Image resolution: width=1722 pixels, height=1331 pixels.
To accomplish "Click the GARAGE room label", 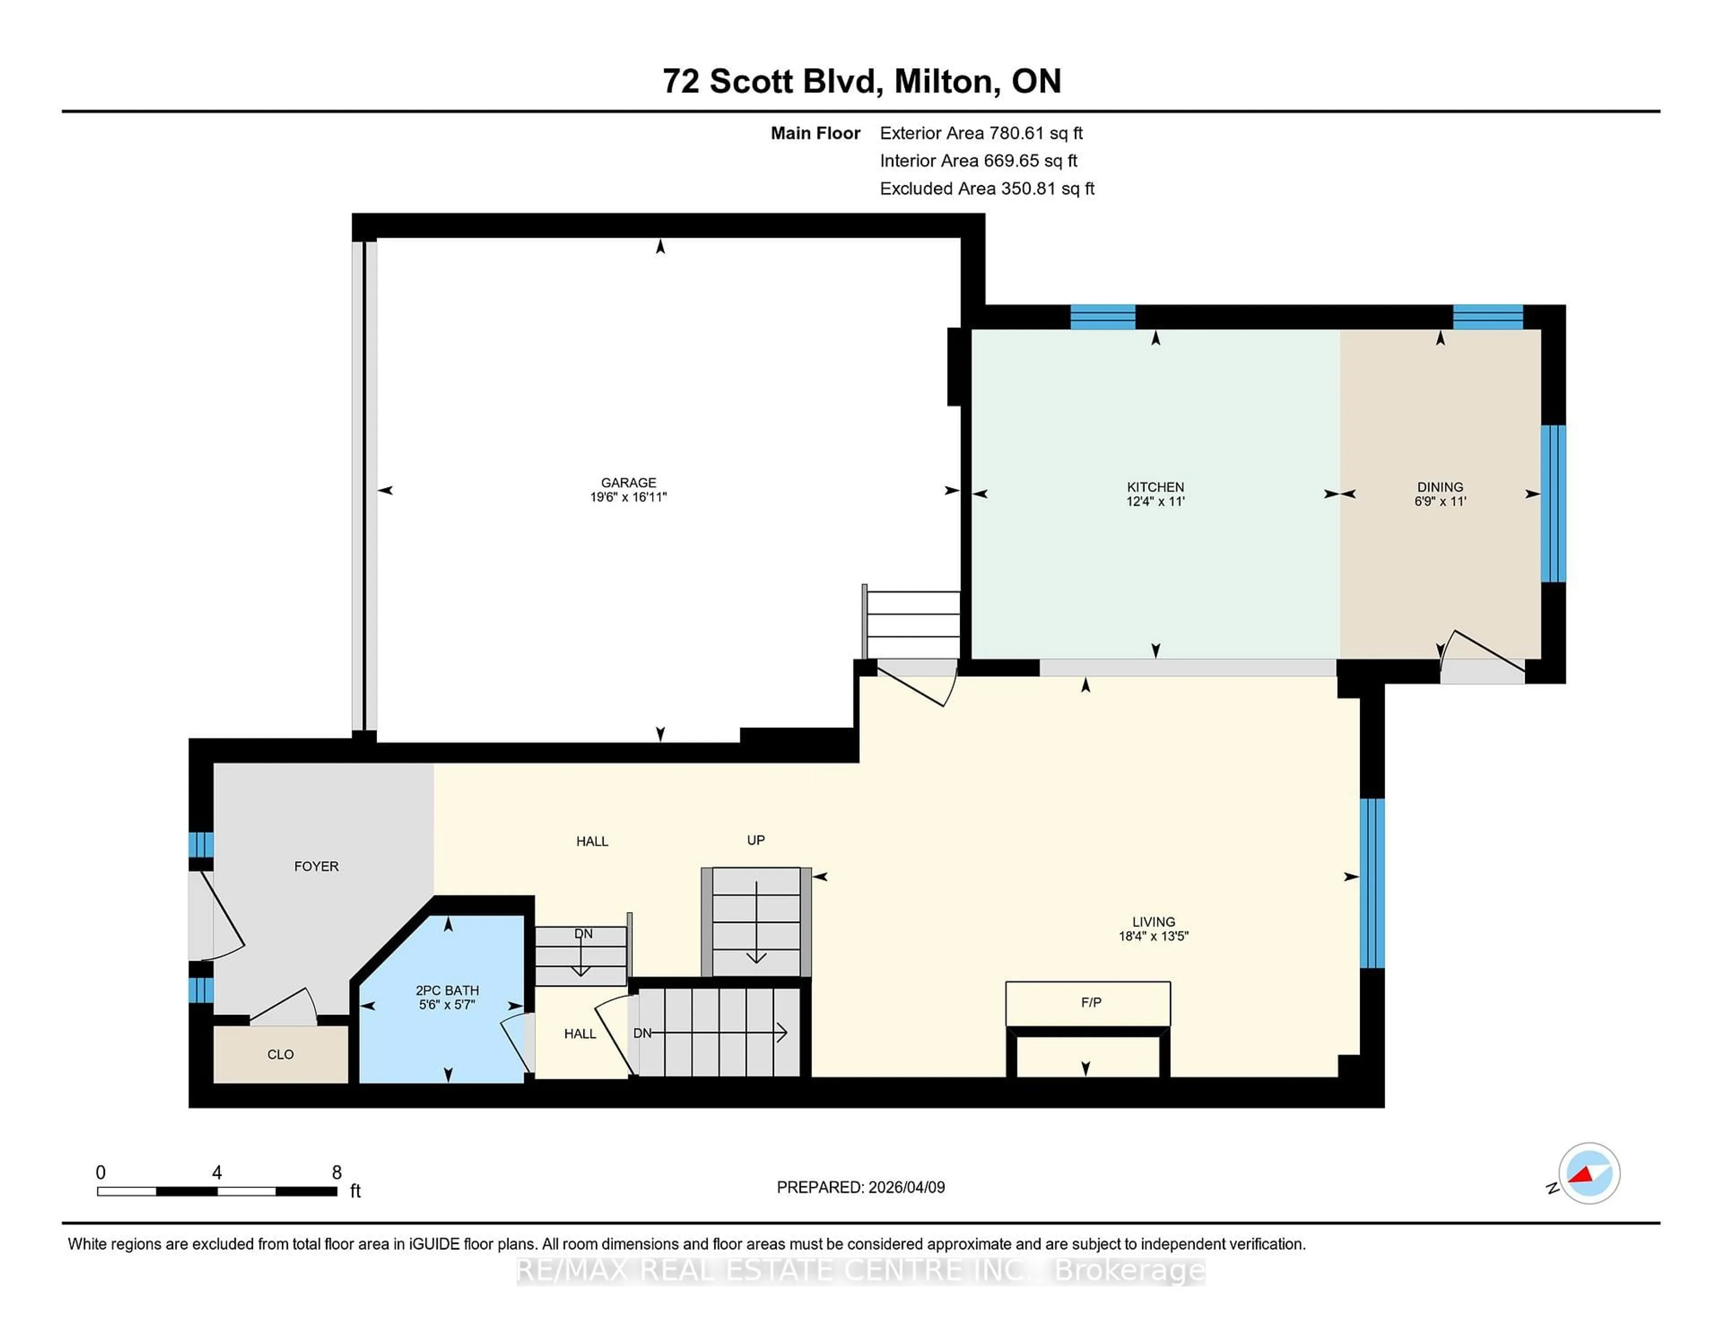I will tap(628, 483).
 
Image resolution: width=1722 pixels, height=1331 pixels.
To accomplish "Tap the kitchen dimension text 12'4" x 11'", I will tap(1155, 501).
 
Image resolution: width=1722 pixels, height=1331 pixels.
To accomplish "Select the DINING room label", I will tap(1440, 487).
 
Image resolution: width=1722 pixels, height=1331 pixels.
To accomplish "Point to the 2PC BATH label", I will tap(447, 990).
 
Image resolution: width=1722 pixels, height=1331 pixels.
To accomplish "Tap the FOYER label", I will tap(316, 866).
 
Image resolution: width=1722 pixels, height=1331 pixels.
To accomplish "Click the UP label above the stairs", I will tap(755, 840).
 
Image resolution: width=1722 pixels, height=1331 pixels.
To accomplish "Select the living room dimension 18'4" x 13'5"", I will tap(1153, 937).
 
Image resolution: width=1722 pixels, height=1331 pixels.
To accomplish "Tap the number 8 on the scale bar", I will tap(337, 1173).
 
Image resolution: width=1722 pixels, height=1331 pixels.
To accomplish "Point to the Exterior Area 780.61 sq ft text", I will tap(981, 133).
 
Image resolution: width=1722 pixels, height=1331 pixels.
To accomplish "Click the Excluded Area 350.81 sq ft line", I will tap(987, 188).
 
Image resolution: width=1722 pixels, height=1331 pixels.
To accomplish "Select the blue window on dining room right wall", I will tap(1552, 503).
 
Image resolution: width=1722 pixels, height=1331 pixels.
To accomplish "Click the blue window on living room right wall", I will tap(1372, 883).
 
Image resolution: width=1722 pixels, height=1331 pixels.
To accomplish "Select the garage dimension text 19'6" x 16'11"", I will tap(628, 497).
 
